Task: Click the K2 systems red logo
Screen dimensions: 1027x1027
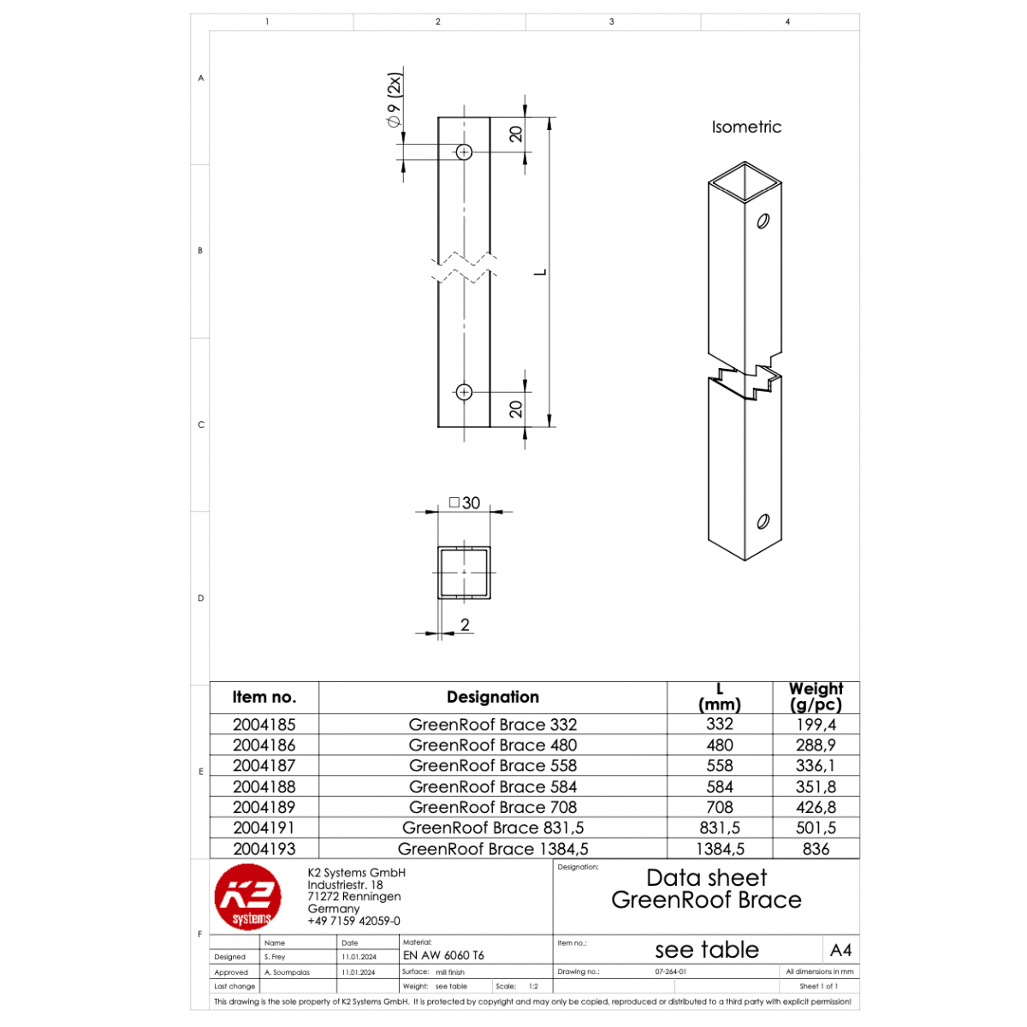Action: tap(248, 896)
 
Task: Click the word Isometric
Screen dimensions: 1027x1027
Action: tap(745, 127)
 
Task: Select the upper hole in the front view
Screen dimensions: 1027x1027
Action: tap(464, 151)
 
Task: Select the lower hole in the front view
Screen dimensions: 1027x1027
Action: tap(464, 392)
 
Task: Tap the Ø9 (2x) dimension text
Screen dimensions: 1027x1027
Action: tap(394, 100)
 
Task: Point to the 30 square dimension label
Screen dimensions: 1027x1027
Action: tap(465, 502)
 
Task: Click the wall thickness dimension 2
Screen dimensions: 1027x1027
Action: tap(465, 624)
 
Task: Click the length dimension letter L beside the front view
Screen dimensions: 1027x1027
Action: tap(541, 272)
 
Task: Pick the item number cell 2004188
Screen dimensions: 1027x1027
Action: tap(264, 787)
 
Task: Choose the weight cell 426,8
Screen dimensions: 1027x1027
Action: tap(816, 807)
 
